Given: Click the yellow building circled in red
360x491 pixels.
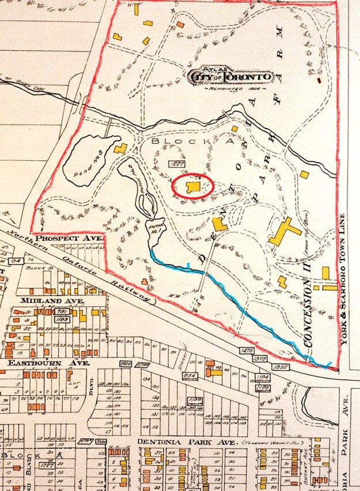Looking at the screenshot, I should point(194,187).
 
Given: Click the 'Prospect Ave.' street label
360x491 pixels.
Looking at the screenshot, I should point(69,237).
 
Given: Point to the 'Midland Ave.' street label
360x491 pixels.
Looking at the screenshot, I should point(52,301).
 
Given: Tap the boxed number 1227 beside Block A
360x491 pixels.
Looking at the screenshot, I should point(176,164).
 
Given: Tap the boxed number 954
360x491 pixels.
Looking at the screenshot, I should point(190,375).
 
